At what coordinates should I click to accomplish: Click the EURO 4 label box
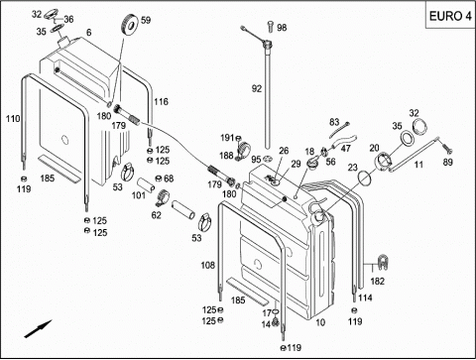[450, 16]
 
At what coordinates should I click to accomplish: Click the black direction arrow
[39, 328]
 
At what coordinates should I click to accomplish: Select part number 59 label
[146, 20]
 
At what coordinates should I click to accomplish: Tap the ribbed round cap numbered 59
[130, 24]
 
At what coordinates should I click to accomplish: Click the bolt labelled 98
[270, 26]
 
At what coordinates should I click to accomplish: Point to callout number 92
[257, 88]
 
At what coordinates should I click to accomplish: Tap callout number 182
[377, 282]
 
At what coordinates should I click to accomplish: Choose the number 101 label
[139, 195]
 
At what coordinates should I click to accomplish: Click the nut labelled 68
[159, 179]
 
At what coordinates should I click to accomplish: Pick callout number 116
[161, 101]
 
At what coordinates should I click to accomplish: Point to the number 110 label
[13, 118]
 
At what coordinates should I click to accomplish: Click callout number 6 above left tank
[88, 33]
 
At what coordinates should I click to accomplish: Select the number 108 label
[208, 265]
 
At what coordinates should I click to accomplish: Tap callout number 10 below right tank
[320, 322]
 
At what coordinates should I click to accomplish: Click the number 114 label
[365, 298]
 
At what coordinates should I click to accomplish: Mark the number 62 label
[156, 215]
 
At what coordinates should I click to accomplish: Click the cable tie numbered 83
[339, 130]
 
